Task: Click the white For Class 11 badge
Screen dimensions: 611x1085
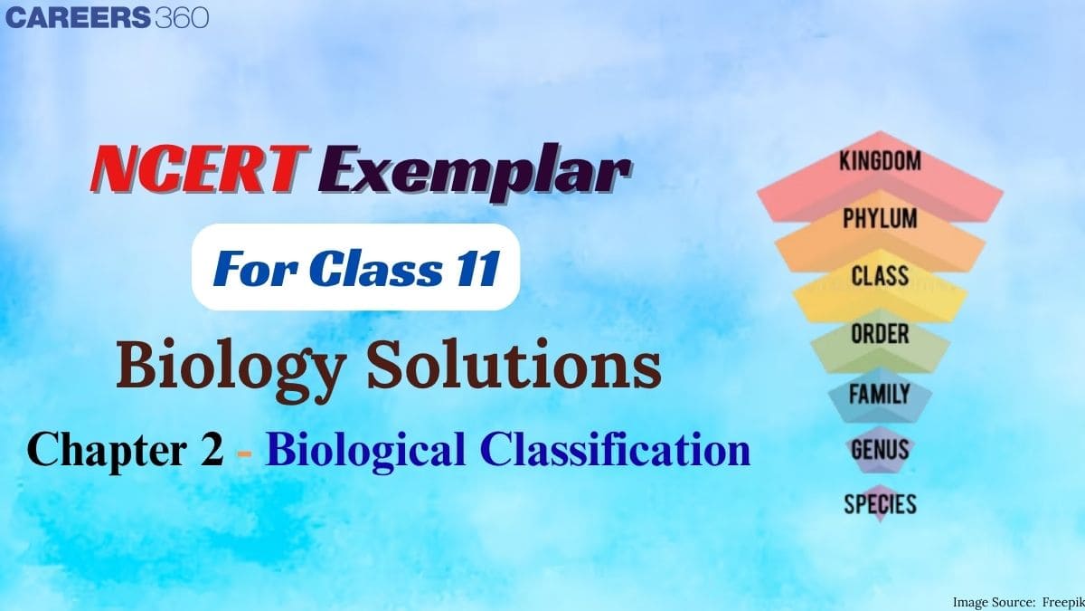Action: (x=355, y=269)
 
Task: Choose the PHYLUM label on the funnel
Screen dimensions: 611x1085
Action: (x=880, y=219)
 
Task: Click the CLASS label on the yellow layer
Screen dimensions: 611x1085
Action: (x=880, y=275)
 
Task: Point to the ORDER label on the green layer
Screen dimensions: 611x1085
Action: (x=880, y=333)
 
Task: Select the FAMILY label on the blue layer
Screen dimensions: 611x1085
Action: (x=880, y=393)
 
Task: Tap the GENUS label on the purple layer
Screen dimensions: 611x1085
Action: (x=880, y=448)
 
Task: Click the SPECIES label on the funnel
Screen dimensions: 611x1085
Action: (x=880, y=504)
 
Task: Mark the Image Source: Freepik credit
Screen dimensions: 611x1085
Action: (x=1014, y=601)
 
